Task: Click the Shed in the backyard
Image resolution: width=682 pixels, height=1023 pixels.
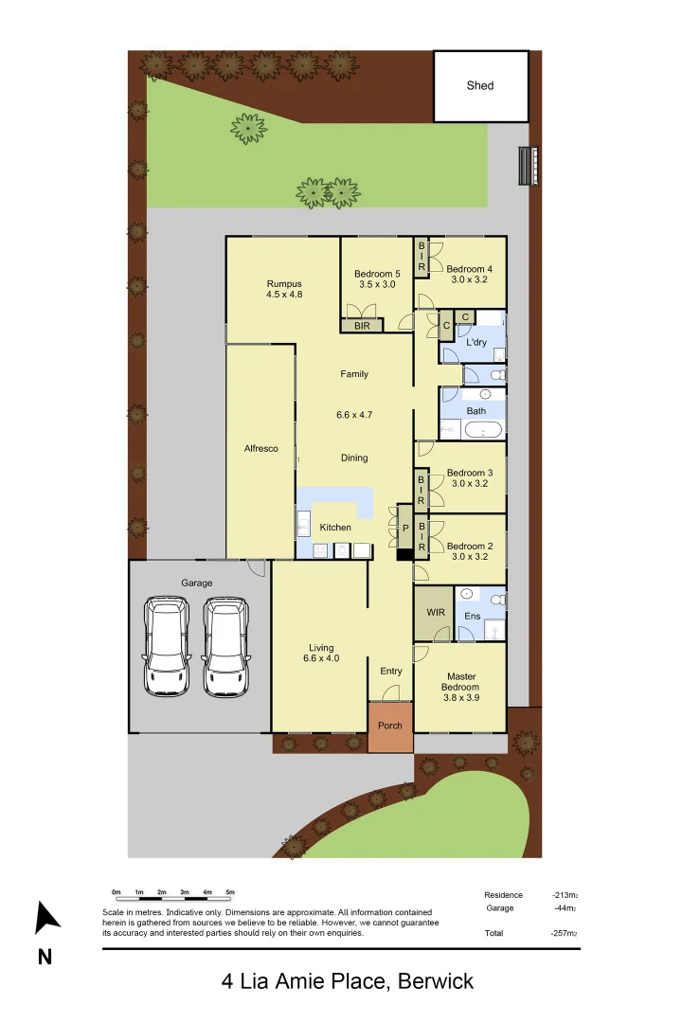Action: pos(480,86)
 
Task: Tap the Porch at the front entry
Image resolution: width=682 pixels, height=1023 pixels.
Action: pos(390,727)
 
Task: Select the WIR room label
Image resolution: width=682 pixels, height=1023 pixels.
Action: pos(436,613)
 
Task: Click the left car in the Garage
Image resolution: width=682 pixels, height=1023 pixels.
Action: pos(167,646)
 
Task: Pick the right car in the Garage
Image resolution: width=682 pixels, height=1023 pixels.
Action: pos(225,646)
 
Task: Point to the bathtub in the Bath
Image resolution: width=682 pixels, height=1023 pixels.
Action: pos(483,430)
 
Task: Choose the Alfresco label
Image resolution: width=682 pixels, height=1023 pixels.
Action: pos(261,449)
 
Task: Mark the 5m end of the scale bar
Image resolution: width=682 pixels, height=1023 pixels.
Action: pos(230,892)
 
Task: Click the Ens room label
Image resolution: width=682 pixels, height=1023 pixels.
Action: pos(473,616)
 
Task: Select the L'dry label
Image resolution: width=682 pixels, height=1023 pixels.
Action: pos(476,342)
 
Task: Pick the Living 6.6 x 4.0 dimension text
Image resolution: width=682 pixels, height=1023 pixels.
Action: pos(321,658)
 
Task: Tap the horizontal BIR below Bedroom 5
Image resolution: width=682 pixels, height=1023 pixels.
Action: pos(362,326)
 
